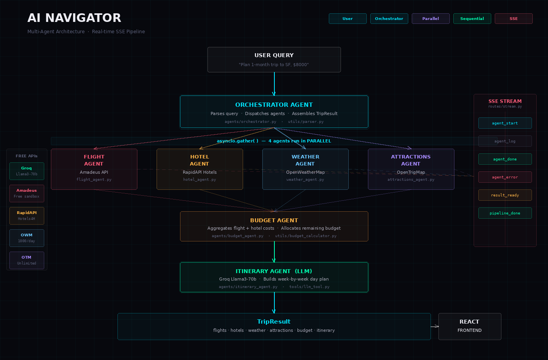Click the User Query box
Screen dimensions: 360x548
tap(274, 59)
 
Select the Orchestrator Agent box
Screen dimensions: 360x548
tap(274, 112)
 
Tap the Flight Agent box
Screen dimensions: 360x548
tap(94, 169)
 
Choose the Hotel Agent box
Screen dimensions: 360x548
tap(200, 169)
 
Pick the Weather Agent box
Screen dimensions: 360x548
tap(305, 169)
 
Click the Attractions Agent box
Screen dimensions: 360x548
tap(411, 169)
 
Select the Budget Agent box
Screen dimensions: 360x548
tap(274, 226)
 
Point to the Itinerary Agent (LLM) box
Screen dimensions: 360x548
tap(274, 277)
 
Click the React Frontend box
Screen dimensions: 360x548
tap(470, 326)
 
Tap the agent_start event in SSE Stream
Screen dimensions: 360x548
tap(505, 123)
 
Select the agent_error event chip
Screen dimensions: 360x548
tap(505, 177)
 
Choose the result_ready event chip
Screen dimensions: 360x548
tap(505, 195)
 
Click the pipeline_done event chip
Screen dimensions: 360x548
tap(505, 213)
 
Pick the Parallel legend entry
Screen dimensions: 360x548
tap(431, 18)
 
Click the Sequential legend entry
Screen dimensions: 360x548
tap(472, 18)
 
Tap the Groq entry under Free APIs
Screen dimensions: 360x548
tap(27, 171)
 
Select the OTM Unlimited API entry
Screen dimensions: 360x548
tap(27, 260)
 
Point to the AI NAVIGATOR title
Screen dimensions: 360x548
tap(74, 18)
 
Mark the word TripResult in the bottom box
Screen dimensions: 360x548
tap(274, 322)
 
